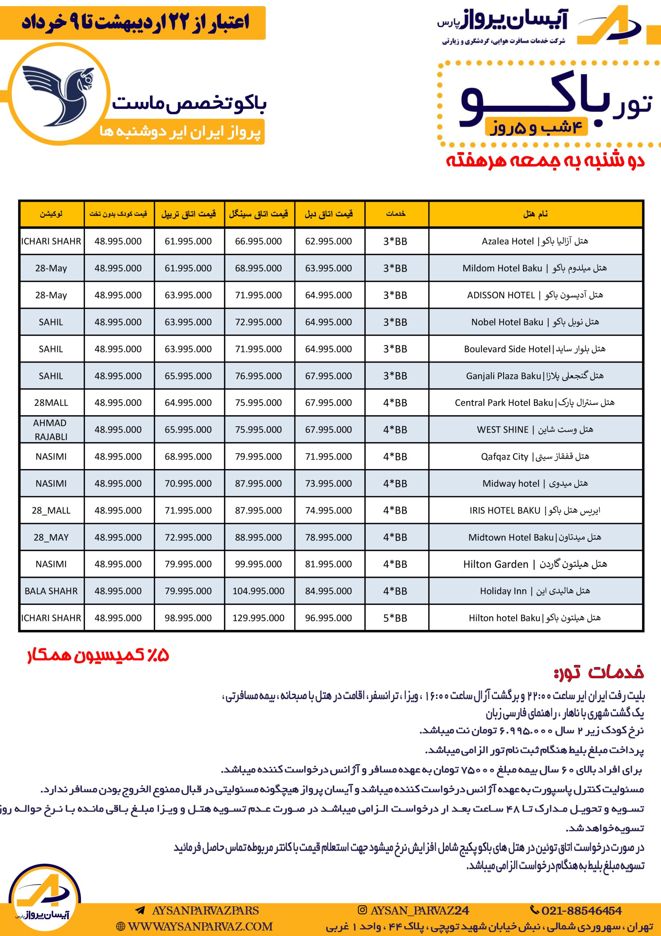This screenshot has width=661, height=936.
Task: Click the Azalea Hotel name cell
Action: [x=535, y=241]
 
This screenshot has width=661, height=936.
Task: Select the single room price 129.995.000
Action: [x=258, y=618]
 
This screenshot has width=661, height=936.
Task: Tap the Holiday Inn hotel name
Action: [x=535, y=591]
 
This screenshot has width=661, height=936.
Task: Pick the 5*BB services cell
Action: [x=395, y=618]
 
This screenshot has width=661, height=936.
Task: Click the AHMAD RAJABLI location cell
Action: [x=51, y=430]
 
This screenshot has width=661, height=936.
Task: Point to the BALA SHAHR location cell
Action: [x=51, y=591]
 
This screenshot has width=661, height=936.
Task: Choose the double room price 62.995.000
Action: [x=328, y=241]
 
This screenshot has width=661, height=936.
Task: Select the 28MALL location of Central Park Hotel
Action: [x=51, y=403]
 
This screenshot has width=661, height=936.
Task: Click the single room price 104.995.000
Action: [x=258, y=591]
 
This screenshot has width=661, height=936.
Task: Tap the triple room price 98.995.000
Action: [x=188, y=618]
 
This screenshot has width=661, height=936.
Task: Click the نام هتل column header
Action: [x=535, y=214]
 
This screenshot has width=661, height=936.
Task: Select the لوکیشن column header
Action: [x=51, y=214]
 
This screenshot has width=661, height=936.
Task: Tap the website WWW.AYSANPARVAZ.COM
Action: [x=195, y=926]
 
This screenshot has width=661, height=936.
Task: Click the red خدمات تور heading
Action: [x=598, y=673]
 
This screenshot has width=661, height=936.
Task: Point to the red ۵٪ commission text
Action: [x=98, y=656]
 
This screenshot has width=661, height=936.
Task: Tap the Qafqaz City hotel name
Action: [x=535, y=457]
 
